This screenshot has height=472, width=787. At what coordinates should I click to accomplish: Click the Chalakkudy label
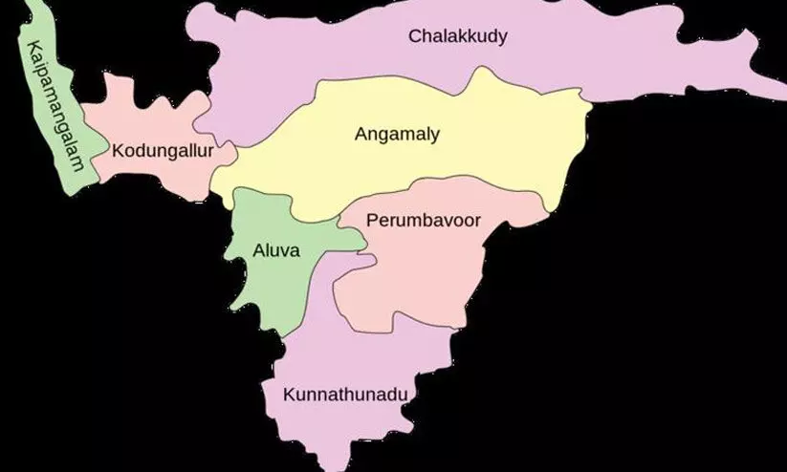[457, 37]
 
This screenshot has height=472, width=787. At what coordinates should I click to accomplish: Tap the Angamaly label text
[397, 135]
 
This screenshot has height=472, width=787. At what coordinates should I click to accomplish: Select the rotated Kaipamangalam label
[55, 107]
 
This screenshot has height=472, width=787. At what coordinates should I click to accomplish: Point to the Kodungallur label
[162, 151]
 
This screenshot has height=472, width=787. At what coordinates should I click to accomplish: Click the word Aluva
[276, 251]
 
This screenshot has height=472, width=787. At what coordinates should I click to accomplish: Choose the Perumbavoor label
[423, 221]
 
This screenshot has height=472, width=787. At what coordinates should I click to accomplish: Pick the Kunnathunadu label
[351, 394]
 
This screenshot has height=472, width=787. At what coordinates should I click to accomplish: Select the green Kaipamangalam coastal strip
[67, 162]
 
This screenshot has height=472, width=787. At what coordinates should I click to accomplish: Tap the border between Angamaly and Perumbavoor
[449, 182]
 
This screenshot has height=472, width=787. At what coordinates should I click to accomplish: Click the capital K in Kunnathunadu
[289, 394]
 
